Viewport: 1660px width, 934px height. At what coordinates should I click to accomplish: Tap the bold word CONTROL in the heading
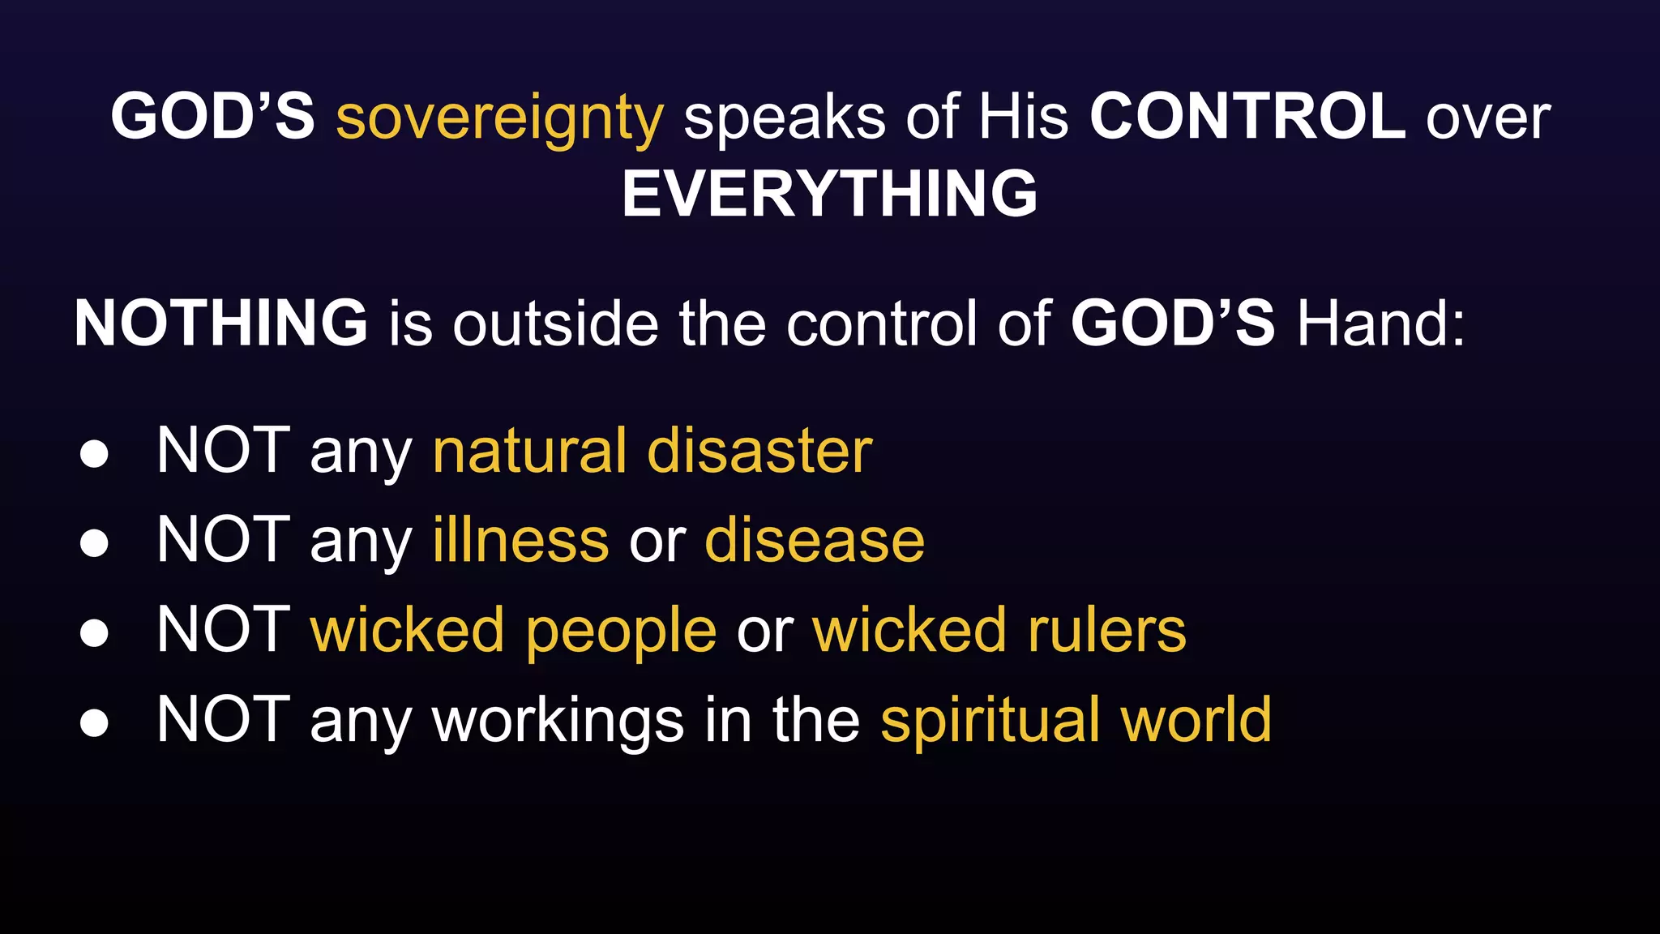[x=1247, y=117]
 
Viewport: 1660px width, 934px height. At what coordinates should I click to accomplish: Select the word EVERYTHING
[x=829, y=194]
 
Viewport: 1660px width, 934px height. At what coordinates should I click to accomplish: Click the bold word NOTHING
[x=220, y=323]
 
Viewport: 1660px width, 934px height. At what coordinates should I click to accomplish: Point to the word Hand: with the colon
[x=1381, y=323]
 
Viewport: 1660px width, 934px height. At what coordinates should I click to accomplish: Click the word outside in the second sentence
[x=555, y=323]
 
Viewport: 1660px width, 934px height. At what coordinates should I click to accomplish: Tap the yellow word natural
[x=529, y=451]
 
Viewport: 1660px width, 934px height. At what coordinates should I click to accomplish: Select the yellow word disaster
[x=759, y=451]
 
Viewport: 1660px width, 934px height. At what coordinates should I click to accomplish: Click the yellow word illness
[x=520, y=540]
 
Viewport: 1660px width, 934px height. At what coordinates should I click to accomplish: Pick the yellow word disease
[x=815, y=540]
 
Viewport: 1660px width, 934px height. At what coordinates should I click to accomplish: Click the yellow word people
[x=620, y=631]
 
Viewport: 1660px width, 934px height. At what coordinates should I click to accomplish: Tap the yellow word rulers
[x=1106, y=630]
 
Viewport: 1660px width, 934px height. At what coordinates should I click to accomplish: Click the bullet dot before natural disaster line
[x=94, y=454]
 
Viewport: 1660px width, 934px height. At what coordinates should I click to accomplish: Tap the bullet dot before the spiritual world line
[x=94, y=722]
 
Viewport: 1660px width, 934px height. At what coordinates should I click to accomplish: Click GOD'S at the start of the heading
[x=212, y=117]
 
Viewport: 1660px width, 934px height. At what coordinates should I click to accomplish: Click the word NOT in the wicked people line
[x=224, y=630]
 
